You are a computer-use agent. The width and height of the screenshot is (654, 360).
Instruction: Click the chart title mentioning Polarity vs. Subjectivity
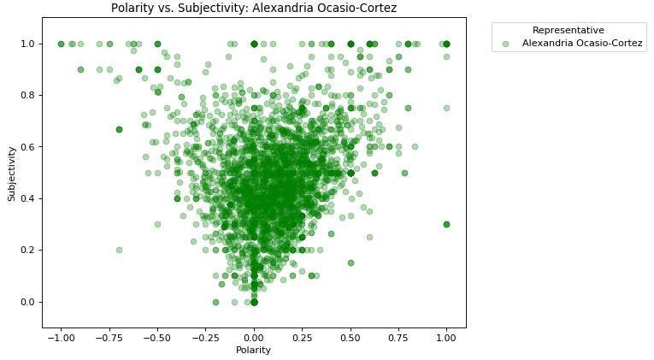coord(254,8)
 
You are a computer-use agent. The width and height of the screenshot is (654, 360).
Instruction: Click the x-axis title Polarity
coord(254,350)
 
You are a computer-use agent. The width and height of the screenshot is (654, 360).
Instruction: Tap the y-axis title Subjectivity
coord(12,173)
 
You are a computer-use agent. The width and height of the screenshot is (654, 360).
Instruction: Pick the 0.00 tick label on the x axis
coord(254,337)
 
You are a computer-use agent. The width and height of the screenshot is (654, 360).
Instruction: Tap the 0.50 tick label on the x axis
coord(351,337)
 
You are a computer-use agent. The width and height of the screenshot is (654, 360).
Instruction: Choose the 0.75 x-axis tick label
coord(398,337)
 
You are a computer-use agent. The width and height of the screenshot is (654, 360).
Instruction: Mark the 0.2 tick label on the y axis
coord(28,251)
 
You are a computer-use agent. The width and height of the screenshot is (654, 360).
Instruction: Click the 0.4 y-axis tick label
coord(28,198)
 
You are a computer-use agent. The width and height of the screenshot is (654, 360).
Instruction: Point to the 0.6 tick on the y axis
coord(28,147)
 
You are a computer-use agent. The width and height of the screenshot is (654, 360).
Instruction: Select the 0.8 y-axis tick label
coord(28,95)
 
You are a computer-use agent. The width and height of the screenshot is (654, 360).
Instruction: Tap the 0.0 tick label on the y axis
coord(28,302)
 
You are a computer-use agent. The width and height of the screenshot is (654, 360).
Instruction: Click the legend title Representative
coord(568,30)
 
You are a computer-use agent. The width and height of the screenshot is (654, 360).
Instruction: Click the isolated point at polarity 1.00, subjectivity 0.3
coord(446,224)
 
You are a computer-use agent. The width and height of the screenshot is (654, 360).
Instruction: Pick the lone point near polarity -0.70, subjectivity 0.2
coord(119,250)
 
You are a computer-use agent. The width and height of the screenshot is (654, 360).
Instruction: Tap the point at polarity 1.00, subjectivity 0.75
coord(446,108)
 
